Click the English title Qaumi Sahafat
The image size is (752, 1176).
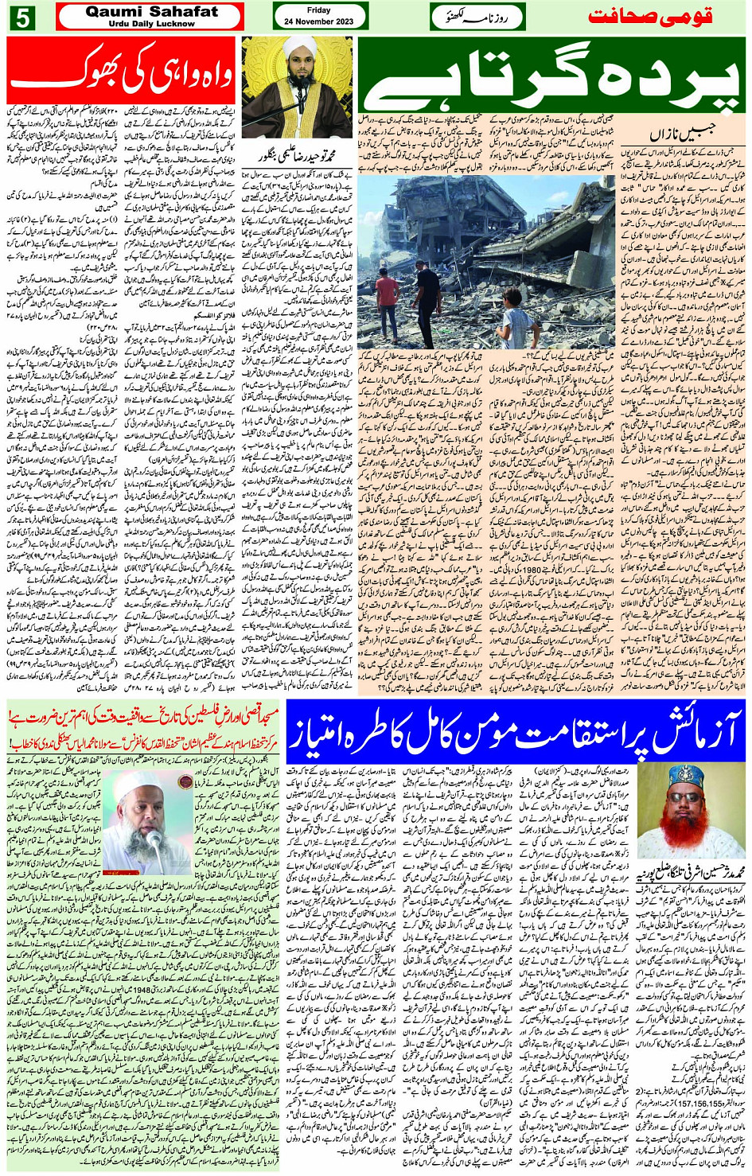150,11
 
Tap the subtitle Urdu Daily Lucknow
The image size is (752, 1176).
150,24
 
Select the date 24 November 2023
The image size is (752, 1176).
318,21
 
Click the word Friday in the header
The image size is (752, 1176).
318,10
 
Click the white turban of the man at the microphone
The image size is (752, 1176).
296,47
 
